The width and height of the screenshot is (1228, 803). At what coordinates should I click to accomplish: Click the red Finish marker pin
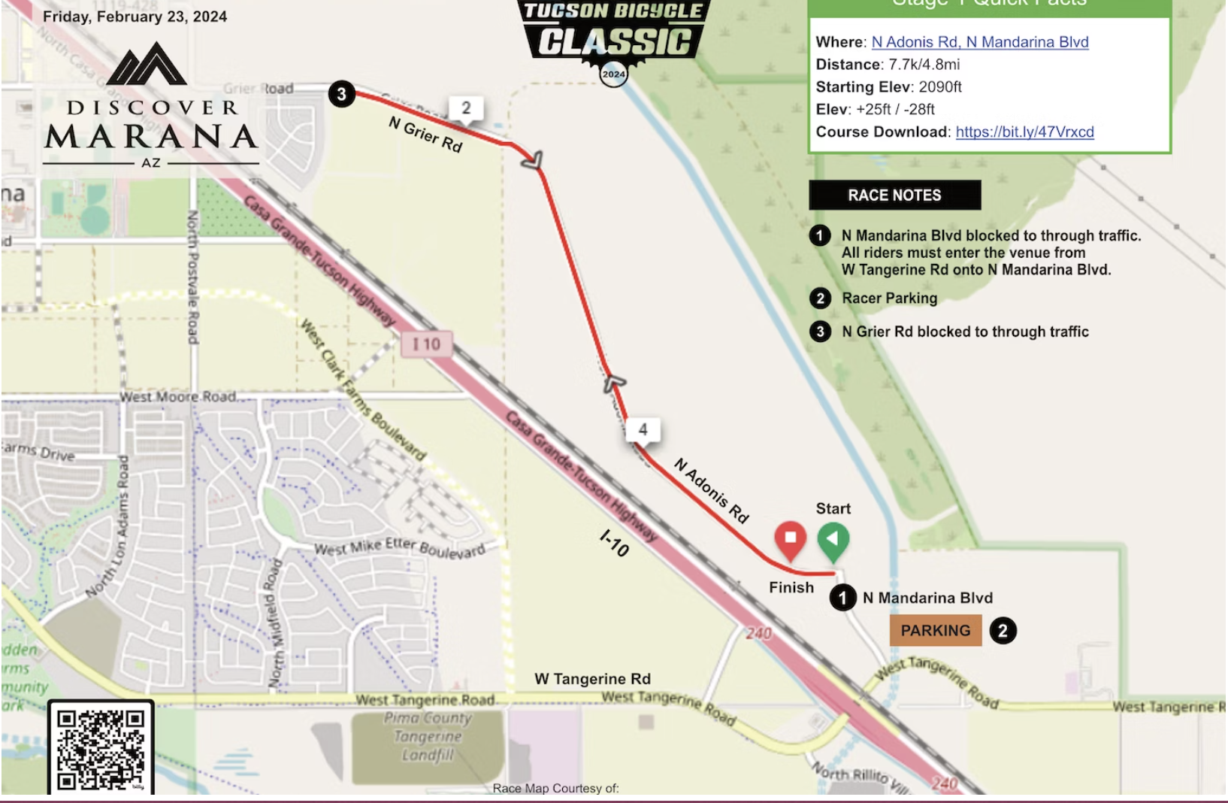click(790, 539)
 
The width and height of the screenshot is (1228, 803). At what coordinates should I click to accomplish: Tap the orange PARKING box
click(936, 631)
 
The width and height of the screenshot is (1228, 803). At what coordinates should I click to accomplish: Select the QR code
click(101, 749)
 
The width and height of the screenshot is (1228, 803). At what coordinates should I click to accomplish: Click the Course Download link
click(1024, 132)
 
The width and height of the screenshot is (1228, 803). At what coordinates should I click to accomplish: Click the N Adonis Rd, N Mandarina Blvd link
click(979, 42)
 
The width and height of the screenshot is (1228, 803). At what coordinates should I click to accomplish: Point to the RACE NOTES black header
click(894, 195)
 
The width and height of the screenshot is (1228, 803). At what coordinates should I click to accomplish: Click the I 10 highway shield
click(426, 344)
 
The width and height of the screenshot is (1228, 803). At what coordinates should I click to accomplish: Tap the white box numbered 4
click(643, 429)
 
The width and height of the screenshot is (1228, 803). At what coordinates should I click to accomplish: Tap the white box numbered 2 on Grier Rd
click(466, 108)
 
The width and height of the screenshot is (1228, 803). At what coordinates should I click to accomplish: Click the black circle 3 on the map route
click(341, 95)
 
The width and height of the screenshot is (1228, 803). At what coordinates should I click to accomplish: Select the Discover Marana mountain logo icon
click(147, 63)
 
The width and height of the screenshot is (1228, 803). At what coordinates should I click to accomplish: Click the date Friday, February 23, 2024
click(135, 17)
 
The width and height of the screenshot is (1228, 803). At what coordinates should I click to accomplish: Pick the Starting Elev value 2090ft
click(940, 87)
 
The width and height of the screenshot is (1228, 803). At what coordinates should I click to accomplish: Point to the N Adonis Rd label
click(711, 491)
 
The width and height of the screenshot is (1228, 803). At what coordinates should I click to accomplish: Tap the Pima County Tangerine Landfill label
click(428, 736)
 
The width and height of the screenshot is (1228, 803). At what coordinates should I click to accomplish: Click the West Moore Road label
click(178, 396)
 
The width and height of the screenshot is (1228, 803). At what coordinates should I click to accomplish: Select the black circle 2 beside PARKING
click(1003, 631)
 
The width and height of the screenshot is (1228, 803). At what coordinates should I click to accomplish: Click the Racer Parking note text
click(889, 298)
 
